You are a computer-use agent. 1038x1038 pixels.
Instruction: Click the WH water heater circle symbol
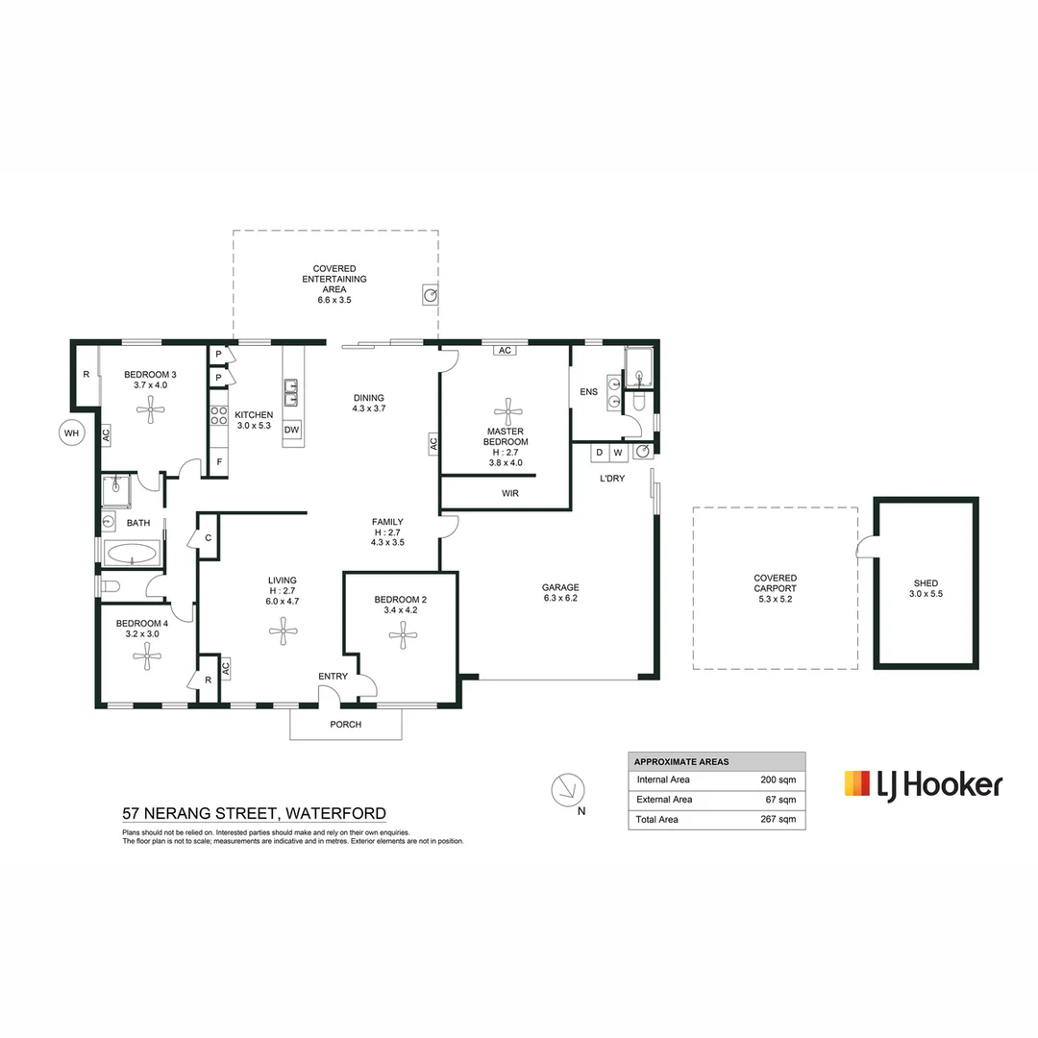[71, 433]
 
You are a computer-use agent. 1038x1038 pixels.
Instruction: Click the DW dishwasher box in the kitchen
[292, 429]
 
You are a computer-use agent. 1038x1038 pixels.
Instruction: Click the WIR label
[510, 493]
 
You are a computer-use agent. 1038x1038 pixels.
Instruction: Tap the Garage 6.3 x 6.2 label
[560, 592]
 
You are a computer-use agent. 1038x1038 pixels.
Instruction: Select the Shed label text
[926, 588]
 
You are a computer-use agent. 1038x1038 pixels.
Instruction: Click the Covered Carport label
[775, 587]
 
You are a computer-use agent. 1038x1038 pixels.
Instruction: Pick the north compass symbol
[566, 790]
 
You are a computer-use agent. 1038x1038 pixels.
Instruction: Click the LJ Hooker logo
[923, 784]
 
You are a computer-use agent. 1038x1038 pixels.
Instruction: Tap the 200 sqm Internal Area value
[778, 778]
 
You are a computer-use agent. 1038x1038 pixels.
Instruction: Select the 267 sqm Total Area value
[778, 819]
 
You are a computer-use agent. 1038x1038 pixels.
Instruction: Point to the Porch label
[345, 724]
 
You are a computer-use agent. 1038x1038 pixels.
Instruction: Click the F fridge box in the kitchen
[219, 461]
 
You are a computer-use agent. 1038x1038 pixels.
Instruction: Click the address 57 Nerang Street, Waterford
[254, 813]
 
